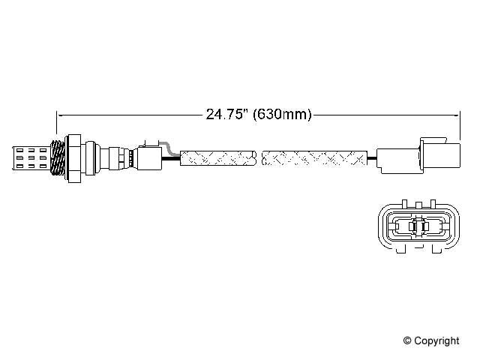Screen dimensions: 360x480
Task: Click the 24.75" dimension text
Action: [x=227, y=115]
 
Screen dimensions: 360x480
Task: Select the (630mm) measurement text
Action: [x=282, y=115]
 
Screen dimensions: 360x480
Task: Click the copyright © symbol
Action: [x=409, y=341]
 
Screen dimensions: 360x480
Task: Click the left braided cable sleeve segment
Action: [x=218, y=157]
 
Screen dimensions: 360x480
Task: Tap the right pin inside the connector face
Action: [x=424, y=225]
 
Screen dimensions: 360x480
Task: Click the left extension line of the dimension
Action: [x=57, y=127]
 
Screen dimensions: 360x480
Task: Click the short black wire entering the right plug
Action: [x=372, y=157]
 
